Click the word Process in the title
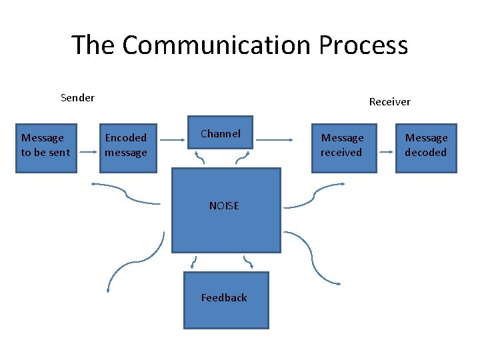tap(363, 45)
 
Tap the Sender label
tap(77, 98)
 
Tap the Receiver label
tap(389, 102)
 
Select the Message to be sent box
tap(46, 147)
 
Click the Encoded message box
tap(126, 147)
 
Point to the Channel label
tap(221, 133)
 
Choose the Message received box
tap(343, 147)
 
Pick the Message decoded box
tap(426, 147)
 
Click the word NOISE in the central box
tap(224, 205)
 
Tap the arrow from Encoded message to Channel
tap(173, 140)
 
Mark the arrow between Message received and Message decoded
tap(386, 152)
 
